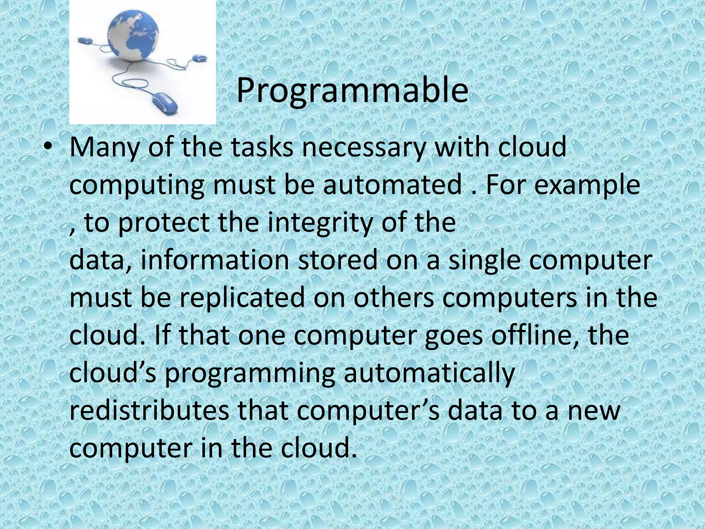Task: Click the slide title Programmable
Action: [x=352, y=90]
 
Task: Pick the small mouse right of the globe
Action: [x=199, y=59]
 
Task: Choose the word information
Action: [x=215, y=260]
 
